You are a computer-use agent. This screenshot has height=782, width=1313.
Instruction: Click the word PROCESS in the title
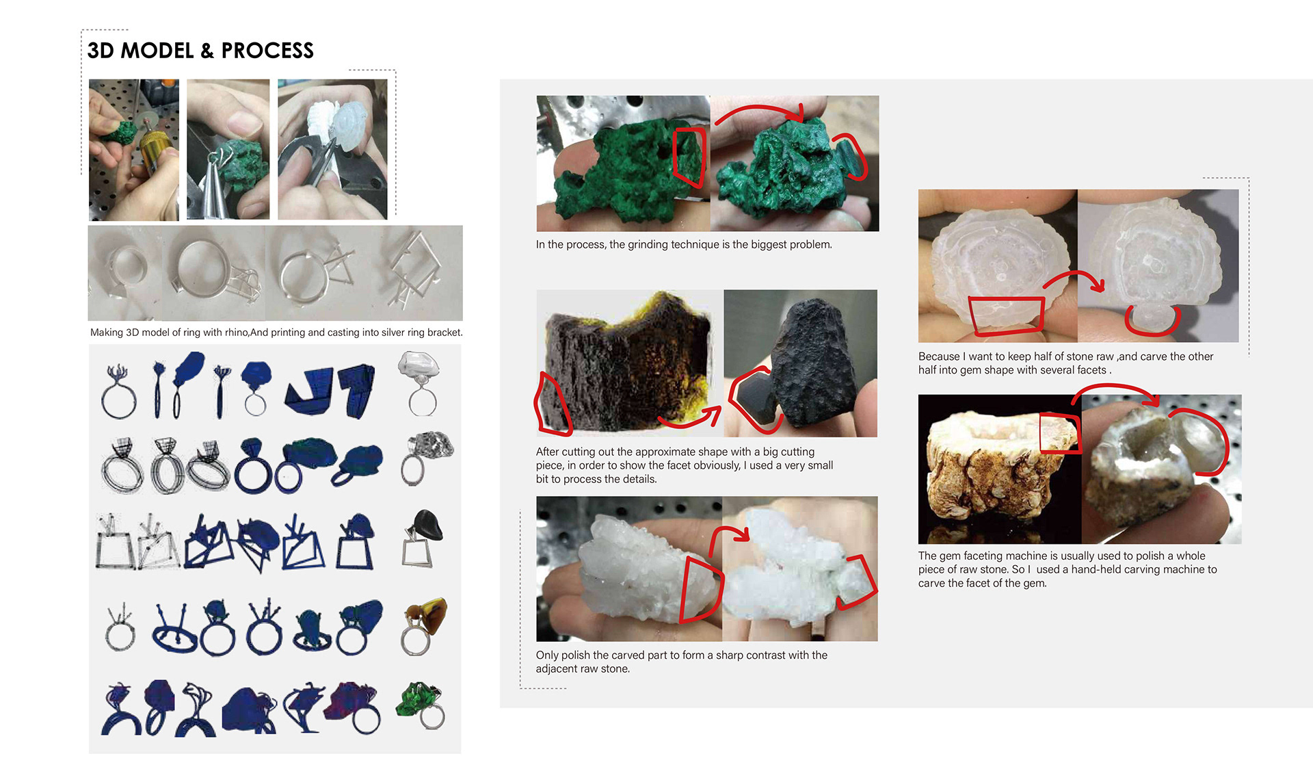[267, 51]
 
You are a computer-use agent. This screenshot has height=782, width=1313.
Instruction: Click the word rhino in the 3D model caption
[235, 333]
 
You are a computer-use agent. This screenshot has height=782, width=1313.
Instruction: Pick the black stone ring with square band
[421, 538]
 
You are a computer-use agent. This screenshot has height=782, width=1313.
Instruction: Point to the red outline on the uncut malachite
[689, 157]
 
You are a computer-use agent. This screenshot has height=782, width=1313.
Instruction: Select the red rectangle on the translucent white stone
[1007, 315]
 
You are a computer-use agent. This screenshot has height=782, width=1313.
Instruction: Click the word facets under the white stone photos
[1091, 370]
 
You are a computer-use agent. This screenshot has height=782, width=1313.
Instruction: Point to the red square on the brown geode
[1060, 432]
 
